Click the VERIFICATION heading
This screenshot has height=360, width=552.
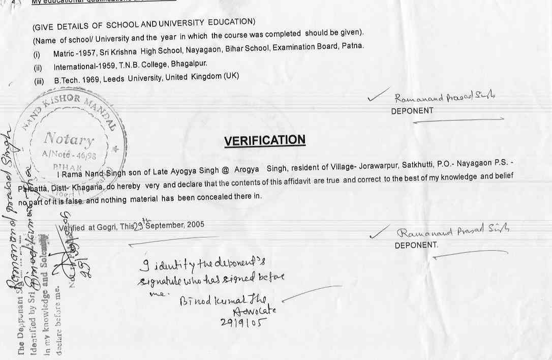[x=265, y=141]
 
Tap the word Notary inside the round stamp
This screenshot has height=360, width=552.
[x=69, y=139]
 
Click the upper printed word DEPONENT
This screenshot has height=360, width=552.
[x=412, y=111]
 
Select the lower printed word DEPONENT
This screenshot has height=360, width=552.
[x=416, y=245]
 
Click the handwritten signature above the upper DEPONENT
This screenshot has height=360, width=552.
[x=445, y=98]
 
